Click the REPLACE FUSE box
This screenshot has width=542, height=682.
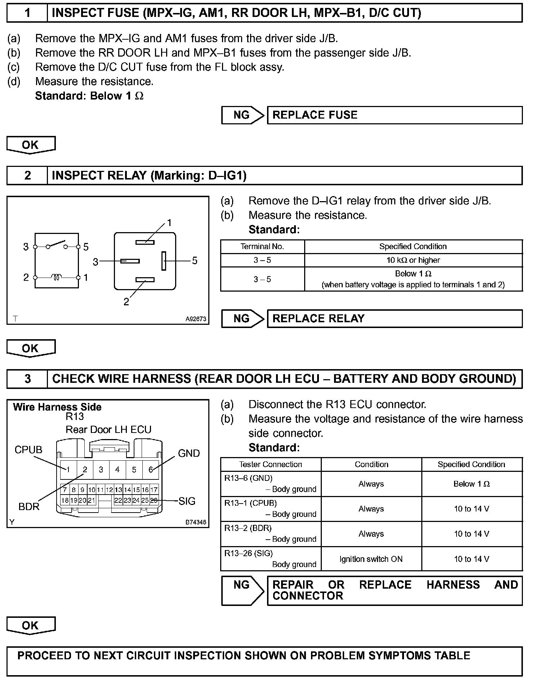(394, 115)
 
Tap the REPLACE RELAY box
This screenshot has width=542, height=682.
(394, 319)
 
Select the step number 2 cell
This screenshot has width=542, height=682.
(27, 176)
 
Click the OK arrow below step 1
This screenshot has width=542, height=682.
(31, 145)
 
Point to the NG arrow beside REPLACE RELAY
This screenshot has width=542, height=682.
(242, 319)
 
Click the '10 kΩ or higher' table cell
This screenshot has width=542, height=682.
(413, 260)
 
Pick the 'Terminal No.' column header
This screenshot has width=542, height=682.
(262, 247)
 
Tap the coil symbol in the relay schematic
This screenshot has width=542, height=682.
(56, 277)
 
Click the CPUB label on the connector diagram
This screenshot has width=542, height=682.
(28, 450)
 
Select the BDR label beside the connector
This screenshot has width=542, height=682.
(29, 507)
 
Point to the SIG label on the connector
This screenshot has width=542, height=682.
(187, 501)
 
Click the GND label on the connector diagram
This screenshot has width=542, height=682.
(189, 453)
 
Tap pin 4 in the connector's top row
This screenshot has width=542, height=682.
(117, 470)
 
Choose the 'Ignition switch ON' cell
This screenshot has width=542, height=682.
(371, 559)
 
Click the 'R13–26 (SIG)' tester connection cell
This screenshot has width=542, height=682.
(270, 559)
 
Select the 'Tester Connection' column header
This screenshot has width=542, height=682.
(270, 465)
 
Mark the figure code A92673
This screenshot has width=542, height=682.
(196, 319)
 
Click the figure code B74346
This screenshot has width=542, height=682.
(196, 522)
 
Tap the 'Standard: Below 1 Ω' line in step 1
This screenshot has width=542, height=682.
(89, 96)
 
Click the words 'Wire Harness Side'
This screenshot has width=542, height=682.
(57, 407)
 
